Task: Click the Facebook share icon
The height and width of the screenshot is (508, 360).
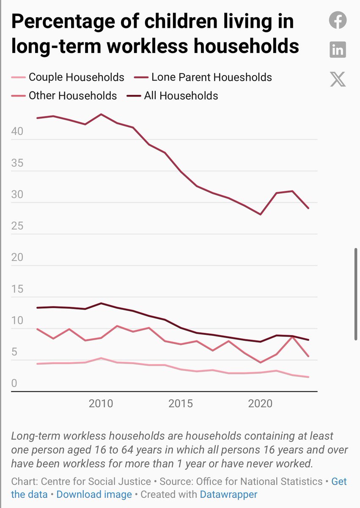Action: pyautogui.click(x=338, y=20)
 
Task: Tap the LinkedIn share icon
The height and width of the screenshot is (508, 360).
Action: pyautogui.click(x=338, y=50)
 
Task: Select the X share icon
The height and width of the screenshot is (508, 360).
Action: pyautogui.click(x=338, y=79)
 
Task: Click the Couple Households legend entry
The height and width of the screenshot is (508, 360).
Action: pyautogui.click(x=76, y=77)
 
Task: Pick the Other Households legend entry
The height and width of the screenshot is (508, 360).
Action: pyautogui.click(x=72, y=96)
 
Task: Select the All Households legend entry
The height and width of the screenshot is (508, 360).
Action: pyautogui.click(x=181, y=96)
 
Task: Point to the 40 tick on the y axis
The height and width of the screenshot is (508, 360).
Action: pyautogui.click(x=17, y=132)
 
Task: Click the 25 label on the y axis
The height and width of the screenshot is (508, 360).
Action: pyautogui.click(x=17, y=226)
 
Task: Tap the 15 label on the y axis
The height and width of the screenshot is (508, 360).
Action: pyautogui.click(x=17, y=290)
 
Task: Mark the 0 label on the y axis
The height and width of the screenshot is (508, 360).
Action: pyautogui.click(x=14, y=384)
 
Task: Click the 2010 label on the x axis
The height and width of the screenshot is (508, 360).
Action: pyautogui.click(x=101, y=403)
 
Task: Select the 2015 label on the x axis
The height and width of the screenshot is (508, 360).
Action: pyautogui.click(x=181, y=403)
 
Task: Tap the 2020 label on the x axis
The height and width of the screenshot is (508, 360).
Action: pyautogui.click(x=260, y=403)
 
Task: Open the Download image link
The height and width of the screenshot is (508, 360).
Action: pyautogui.click(x=94, y=494)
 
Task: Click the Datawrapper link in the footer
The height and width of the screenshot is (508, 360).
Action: pyautogui.click(x=228, y=494)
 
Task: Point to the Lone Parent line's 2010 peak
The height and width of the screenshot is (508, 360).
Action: pyautogui.click(x=101, y=114)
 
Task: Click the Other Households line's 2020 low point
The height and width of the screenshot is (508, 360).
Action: pyautogui.click(x=261, y=362)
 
